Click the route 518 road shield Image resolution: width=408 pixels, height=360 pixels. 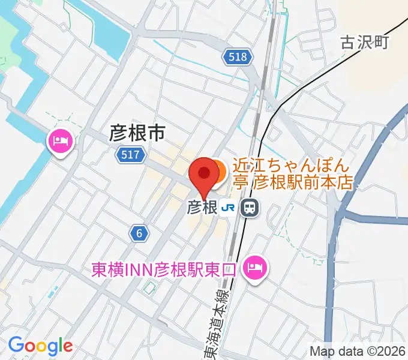click(238, 57)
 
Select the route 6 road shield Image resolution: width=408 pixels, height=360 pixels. click(139, 234)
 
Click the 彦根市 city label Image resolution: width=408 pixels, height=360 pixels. click(137, 133)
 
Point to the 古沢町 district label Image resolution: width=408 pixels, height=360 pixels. click(365, 42)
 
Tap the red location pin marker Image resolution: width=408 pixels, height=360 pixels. click(204, 175)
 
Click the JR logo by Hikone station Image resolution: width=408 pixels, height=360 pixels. click(228, 208)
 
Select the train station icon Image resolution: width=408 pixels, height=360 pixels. click(247, 208)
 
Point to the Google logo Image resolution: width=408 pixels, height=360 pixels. click(40, 346)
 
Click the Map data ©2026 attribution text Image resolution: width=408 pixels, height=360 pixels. click(357, 351)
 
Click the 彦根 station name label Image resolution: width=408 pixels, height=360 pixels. click(202, 208)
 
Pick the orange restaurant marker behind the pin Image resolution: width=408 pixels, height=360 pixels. click(217, 172)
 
